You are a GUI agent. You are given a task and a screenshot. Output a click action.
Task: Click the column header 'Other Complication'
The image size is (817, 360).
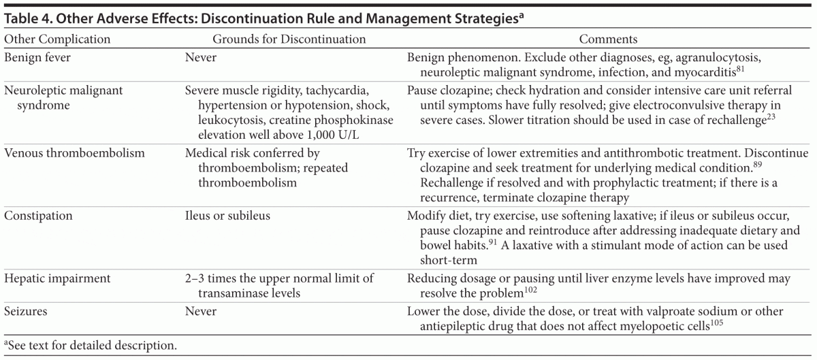(57, 39)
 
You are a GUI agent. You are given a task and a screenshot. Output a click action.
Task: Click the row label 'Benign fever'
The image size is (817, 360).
(37, 57)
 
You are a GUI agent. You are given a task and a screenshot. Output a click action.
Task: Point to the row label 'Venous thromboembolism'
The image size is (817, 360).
(74, 153)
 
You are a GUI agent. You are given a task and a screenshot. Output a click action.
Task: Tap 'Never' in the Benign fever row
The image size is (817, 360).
(201, 57)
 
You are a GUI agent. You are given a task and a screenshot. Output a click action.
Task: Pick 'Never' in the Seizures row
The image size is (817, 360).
(201, 311)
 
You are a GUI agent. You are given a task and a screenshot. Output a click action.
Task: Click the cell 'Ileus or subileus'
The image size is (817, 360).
(228, 216)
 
